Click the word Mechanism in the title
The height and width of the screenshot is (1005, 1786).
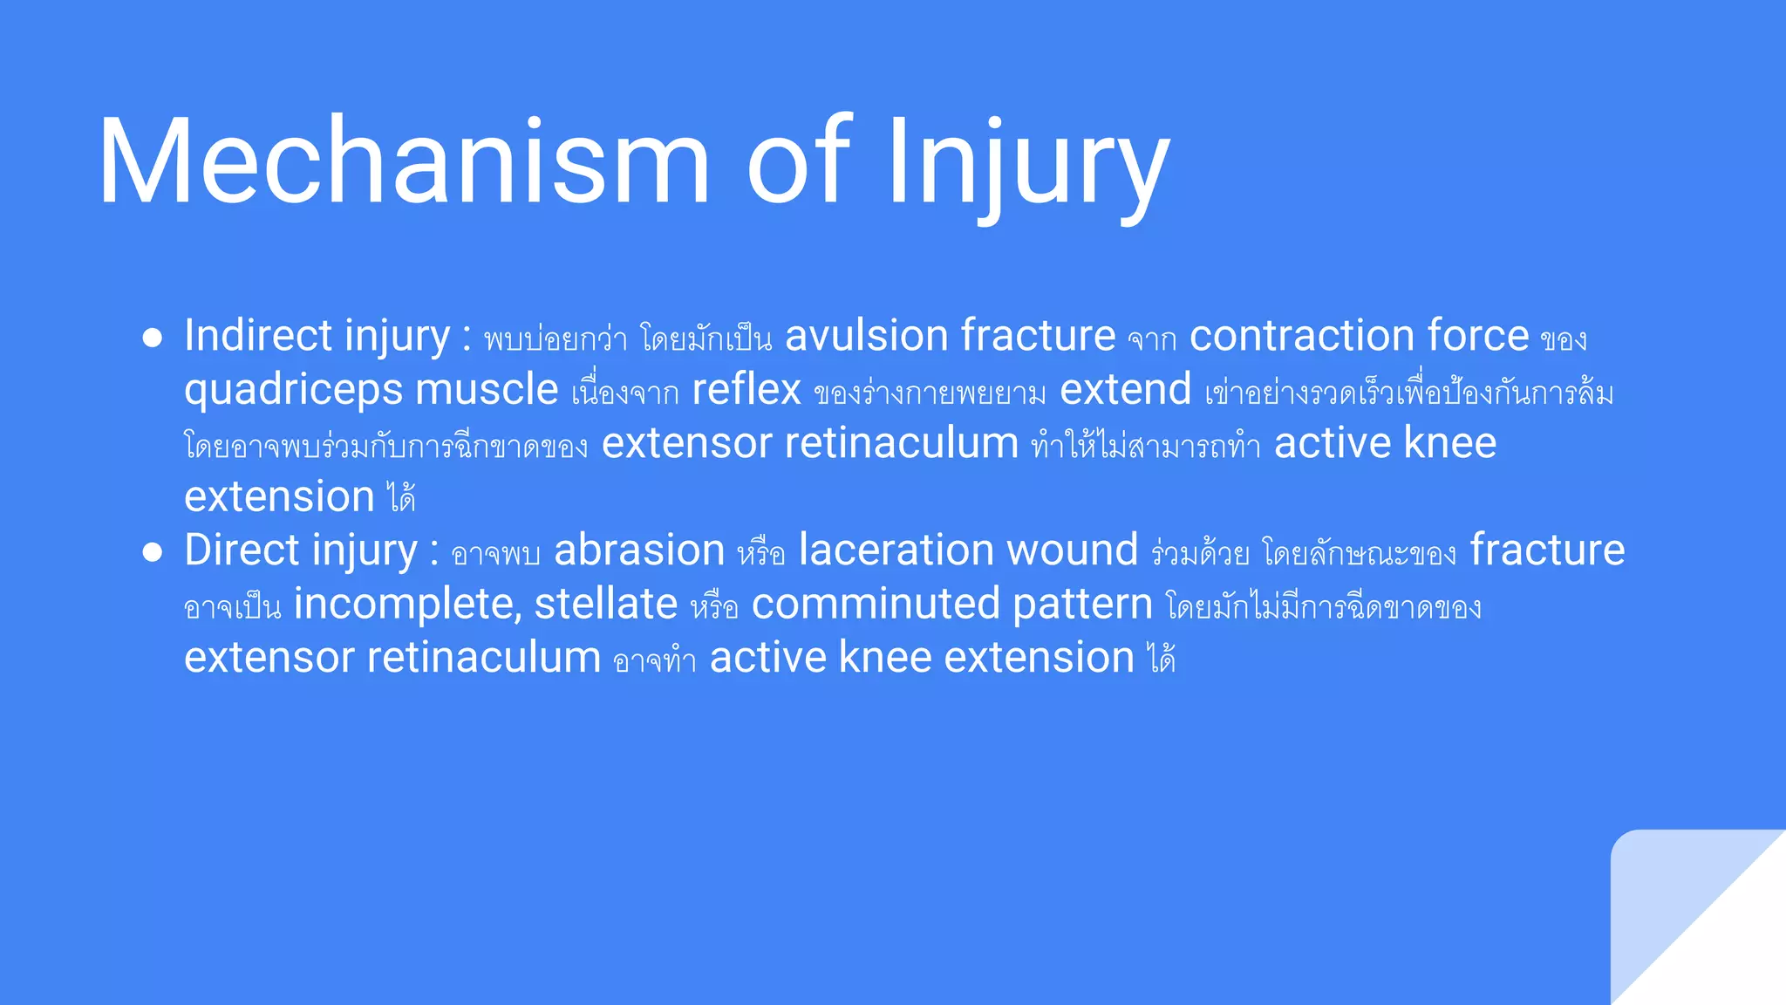[404, 162]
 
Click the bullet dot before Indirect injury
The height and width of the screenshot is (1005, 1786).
[153, 338]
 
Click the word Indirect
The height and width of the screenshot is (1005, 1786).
[258, 336]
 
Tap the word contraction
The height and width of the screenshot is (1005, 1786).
[1302, 336]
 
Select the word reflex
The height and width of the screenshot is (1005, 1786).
[746, 390]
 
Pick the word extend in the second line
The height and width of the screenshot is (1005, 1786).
[1125, 390]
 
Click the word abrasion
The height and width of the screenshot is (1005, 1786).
[639, 550]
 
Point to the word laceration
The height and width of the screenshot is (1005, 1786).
[896, 550]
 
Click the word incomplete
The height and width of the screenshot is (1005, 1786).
[406, 605]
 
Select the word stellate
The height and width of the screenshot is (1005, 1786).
[605, 605]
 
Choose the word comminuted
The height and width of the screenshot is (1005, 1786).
[875, 605]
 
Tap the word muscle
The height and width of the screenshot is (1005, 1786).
[487, 390]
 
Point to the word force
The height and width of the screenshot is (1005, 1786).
[1477, 336]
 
